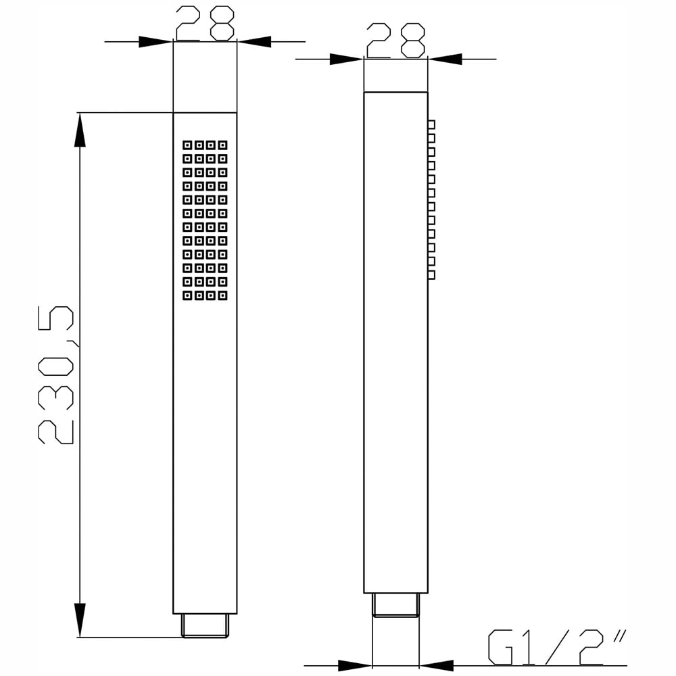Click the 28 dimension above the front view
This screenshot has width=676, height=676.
click(x=206, y=23)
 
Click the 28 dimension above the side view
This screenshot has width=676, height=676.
click(x=395, y=41)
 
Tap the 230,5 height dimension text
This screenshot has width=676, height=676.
click(x=56, y=375)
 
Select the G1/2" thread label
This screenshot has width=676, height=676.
click(x=556, y=647)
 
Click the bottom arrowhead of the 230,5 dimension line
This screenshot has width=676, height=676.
click(x=80, y=620)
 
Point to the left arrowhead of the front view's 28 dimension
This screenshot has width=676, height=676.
click(x=155, y=42)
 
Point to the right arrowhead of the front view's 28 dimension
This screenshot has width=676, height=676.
click(x=254, y=42)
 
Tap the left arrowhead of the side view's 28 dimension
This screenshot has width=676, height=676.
click(x=347, y=59)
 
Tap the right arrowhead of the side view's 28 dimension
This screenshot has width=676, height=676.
click(x=445, y=59)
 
